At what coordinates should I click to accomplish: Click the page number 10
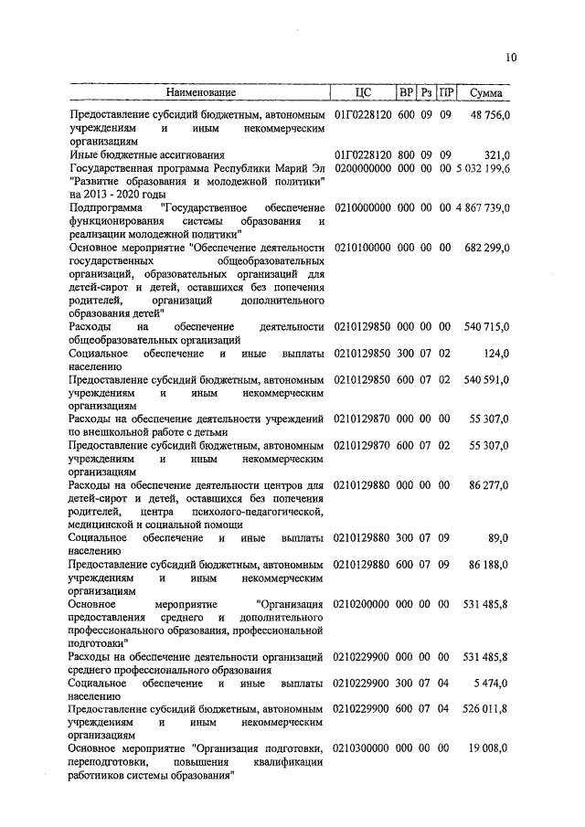510,58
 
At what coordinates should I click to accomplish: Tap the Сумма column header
484,93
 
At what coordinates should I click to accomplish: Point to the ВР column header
406,93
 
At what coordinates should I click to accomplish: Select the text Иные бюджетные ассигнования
147,155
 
